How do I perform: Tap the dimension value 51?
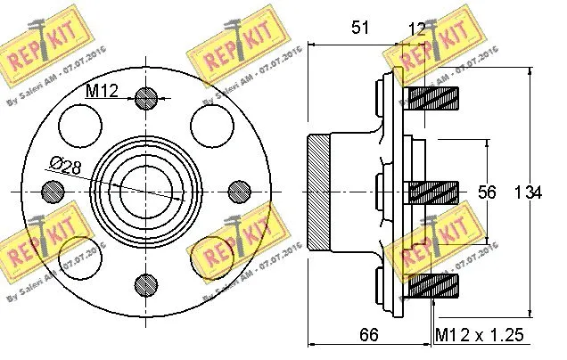tap(359, 28)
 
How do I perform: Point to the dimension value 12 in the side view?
tap(416, 29)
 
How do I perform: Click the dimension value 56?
tap(504, 192)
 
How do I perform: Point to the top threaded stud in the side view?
tap(432, 94)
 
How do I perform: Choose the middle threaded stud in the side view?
tap(432, 191)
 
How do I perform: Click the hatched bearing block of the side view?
tap(319, 191)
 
